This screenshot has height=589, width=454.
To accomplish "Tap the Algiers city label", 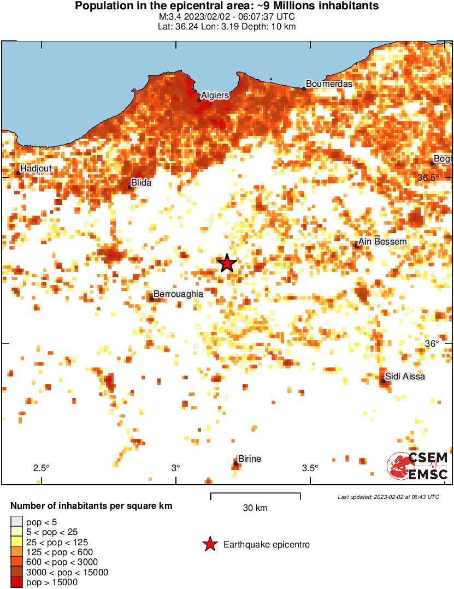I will tap(215, 96).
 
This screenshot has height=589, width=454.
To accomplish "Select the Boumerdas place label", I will tap(329, 84).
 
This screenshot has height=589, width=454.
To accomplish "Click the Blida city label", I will tap(141, 183).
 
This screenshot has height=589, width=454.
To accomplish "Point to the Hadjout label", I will tap(36, 169).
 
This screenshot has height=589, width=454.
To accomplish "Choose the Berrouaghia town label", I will tap(178, 294).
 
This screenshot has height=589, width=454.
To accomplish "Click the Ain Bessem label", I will tap(383, 242).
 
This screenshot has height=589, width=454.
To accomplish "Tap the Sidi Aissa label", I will tap(405, 376).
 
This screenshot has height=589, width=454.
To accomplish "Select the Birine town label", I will tap(250, 459).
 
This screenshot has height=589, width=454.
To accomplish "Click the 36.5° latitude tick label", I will tap(428, 178).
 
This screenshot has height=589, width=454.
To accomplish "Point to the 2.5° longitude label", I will tap(41, 468).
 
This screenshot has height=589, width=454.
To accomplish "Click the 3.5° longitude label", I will tap(310, 468).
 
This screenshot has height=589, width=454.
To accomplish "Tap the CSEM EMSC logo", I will tap(418, 466).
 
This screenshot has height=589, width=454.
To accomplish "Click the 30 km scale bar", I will tap(255, 496).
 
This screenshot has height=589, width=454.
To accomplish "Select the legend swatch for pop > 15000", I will tap(17, 582).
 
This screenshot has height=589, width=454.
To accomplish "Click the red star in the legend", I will tap(209, 544).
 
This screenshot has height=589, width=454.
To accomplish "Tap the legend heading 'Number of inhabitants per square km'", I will tap(91, 506).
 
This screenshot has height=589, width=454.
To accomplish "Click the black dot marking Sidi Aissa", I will tap(384, 381).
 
